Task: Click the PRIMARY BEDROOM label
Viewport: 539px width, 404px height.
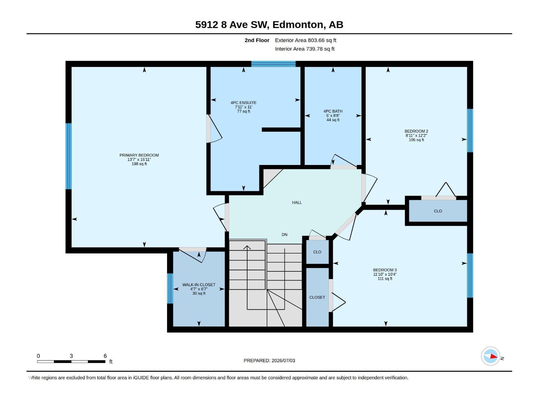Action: pyautogui.click(x=139, y=155)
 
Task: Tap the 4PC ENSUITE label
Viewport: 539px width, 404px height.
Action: pyautogui.click(x=243, y=103)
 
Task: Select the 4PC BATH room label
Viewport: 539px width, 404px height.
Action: pyautogui.click(x=333, y=111)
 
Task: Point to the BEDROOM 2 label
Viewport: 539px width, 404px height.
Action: pyautogui.click(x=416, y=131)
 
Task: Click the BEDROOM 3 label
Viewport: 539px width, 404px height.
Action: pyautogui.click(x=385, y=270)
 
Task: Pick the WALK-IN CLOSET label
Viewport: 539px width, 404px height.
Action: pyautogui.click(x=199, y=284)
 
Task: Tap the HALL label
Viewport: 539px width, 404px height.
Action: pyautogui.click(x=297, y=202)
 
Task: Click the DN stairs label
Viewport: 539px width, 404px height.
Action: pyautogui.click(x=284, y=235)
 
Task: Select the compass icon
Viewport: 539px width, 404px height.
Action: pyautogui.click(x=490, y=356)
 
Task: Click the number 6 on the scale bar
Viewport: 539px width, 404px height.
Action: pyautogui.click(x=105, y=356)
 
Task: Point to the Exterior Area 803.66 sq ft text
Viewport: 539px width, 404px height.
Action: pyautogui.click(x=306, y=40)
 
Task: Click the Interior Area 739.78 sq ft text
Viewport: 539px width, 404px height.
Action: pyautogui.click(x=305, y=49)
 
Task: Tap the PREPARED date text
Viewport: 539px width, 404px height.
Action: pyautogui.click(x=269, y=361)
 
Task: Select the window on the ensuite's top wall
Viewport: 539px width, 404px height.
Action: pyautogui.click(x=273, y=64)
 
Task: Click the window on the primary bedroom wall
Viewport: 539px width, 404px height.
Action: pyautogui.click(x=68, y=156)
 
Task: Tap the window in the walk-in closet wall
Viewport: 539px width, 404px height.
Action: pyautogui.click(x=170, y=288)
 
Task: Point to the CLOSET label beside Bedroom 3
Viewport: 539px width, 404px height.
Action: pyautogui.click(x=317, y=297)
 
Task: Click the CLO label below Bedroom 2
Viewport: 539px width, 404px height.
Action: pyautogui.click(x=438, y=211)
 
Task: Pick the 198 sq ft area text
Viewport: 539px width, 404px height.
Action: pyautogui.click(x=139, y=164)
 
